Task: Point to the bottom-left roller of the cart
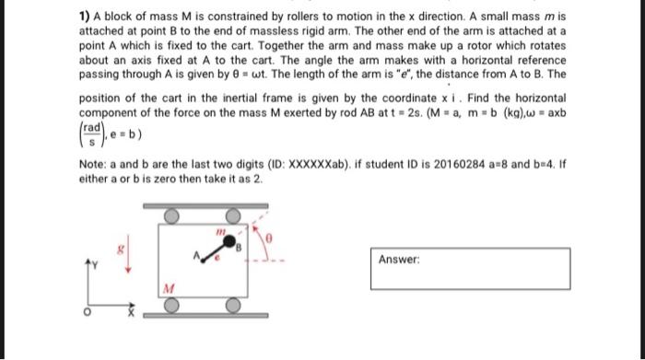171,305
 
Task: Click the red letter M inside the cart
168,285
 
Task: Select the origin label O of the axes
86,311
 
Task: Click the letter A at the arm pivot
195,255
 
